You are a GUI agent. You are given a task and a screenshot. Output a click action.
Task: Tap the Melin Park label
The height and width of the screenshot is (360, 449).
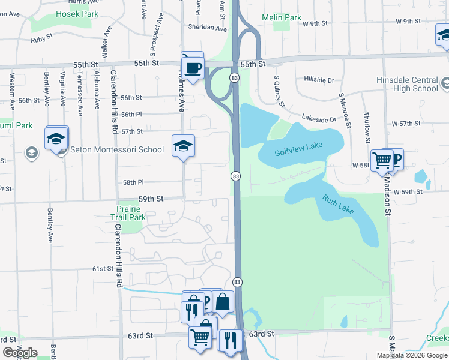pos(282,18)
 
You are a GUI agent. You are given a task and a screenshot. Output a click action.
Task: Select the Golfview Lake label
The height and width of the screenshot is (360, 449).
pos(295,152)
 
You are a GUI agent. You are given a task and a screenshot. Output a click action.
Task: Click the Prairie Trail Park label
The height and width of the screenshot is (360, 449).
pos(128,213)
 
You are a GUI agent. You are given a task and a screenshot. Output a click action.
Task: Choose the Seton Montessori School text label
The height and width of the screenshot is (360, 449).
pos(117,149)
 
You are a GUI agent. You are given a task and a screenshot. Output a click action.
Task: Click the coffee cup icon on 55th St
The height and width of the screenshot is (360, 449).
pos(193,68)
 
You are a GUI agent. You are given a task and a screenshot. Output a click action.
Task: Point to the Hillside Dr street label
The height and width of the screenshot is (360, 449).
pos(319,79)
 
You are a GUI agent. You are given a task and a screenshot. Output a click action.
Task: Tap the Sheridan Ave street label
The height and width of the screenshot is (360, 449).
pos(207,28)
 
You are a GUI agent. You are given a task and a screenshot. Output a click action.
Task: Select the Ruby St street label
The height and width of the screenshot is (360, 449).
pos(41,41)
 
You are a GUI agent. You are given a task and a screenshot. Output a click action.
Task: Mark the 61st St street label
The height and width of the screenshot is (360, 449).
pos(103,269)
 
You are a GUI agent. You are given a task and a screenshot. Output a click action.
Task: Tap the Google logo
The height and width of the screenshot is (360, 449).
pos(20,353)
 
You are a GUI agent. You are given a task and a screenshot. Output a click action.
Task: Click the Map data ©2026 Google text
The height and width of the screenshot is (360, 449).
pos(412,355)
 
